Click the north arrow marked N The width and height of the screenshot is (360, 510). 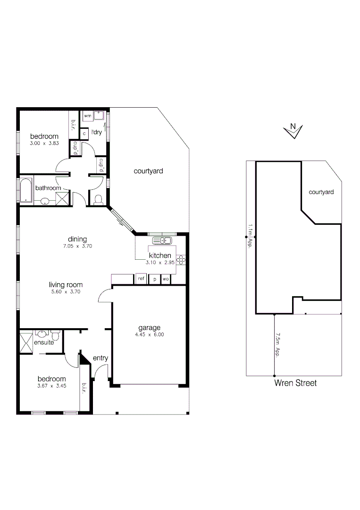[x=293, y=130]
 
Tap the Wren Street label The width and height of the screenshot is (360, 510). [x=295, y=383]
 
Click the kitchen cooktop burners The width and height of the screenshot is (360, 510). [x=181, y=259]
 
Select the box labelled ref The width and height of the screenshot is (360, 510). [x=141, y=279]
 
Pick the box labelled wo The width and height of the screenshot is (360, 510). [x=165, y=279]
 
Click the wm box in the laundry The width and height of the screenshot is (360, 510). [x=87, y=116]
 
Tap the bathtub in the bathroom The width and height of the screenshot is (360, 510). [x=25, y=190]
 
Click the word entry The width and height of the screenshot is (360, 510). [x=100, y=358]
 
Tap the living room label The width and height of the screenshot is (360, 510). [x=66, y=285]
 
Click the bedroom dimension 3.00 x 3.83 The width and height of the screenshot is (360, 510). [x=43, y=144]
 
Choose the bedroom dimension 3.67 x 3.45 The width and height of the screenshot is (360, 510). [x=51, y=386]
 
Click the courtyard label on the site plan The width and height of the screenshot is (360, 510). [x=321, y=192]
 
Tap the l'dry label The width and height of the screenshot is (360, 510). [x=97, y=132]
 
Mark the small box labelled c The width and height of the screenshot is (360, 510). [x=84, y=134]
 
